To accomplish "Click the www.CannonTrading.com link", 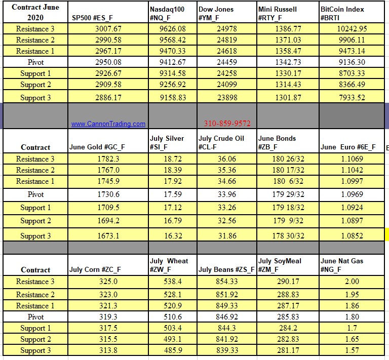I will pyautogui.click(x=108, y=124).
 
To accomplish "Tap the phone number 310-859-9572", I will pyautogui.click(x=227, y=124).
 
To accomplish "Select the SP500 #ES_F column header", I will pyautogui.click(x=92, y=18).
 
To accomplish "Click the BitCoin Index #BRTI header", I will pyautogui.click(x=342, y=13).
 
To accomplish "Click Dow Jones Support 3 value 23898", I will pyautogui.click(x=227, y=98).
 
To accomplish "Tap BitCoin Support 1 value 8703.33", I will pyautogui.click(x=352, y=73).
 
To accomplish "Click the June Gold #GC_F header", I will pyautogui.click(x=97, y=147).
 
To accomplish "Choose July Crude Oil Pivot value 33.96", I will pyautogui.click(x=227, y=194).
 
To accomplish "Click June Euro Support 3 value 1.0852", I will pyautogui.click(x=352, y=236).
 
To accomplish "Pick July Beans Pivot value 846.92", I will pyautogui.click(x=227, y=317).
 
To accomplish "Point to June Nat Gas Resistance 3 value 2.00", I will pyautogui.click(x=352, y=282).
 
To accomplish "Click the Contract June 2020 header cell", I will pyautogui.click(x=35, y=13).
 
